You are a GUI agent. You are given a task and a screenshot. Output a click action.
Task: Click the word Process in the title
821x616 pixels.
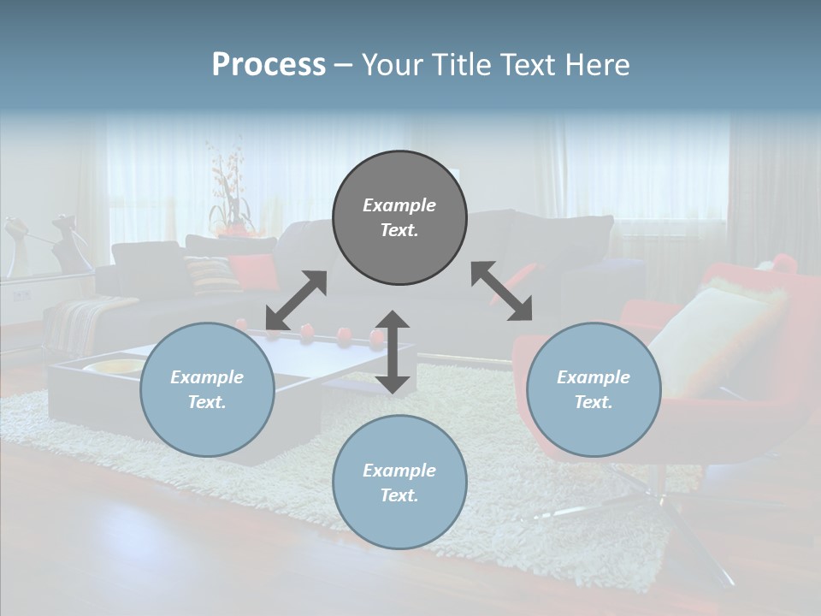click(269, 65)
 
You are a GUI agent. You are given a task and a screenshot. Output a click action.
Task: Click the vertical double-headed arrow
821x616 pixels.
click(393, 352)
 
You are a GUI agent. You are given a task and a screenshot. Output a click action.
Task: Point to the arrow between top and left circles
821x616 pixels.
click(296, 300)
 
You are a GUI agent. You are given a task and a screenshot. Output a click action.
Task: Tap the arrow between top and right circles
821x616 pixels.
click(501, 291)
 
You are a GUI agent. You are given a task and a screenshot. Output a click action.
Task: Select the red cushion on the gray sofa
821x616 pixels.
click(254, 270)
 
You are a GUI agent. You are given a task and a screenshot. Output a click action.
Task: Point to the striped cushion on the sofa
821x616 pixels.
click(210, 274)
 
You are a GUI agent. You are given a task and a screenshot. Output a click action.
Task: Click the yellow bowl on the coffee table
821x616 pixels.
click(115, 368)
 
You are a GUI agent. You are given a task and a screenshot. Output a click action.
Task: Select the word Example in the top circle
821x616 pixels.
click(399, 205)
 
